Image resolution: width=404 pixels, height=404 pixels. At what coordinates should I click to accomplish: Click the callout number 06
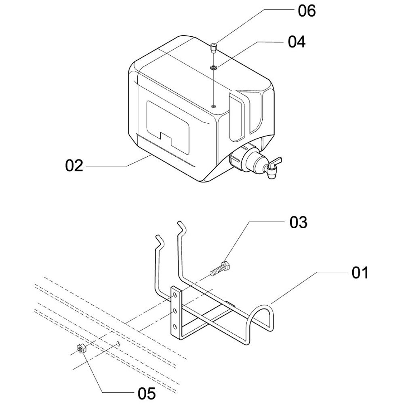[307, 11]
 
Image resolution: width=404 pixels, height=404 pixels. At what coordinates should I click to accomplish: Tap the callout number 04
[297, 42]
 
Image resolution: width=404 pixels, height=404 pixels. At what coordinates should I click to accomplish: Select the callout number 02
[74, 166]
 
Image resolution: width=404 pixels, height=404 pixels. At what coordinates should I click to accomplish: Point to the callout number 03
[298, 222]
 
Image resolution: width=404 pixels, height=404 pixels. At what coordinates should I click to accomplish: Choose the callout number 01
[360, 273]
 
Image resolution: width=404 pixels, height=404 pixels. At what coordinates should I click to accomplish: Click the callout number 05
[147, 392]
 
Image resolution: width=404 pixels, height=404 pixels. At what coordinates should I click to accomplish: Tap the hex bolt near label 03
[220, 268]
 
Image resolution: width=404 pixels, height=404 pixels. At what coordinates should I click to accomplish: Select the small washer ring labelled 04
[214, 67]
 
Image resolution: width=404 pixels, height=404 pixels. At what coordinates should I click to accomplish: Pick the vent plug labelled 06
[214, 48]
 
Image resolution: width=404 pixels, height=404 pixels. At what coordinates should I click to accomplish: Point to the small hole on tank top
[214, 106]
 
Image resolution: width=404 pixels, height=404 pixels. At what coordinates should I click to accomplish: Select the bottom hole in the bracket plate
[175, 326]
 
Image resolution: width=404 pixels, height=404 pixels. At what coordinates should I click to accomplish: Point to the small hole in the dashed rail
[118, 344]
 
